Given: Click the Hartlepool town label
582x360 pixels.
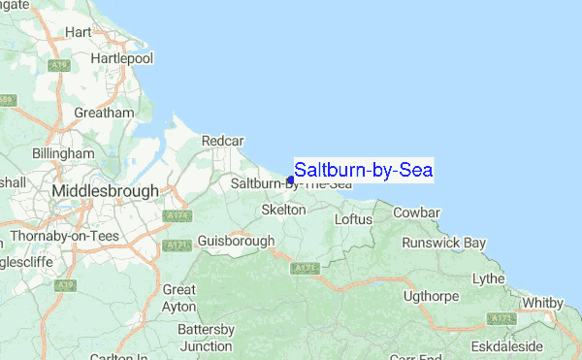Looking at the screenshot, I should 121,59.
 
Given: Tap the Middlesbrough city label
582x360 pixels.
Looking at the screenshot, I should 105,192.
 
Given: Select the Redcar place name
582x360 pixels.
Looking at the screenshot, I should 221,142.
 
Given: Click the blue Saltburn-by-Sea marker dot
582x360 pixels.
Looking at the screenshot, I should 290,180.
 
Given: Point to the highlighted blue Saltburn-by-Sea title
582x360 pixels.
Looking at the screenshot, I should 363,171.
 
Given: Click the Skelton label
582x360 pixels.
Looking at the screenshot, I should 283,210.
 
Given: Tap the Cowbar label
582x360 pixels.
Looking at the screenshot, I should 416,213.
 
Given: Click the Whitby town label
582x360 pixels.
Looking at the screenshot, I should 542,304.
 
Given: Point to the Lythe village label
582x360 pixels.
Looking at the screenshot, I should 488,279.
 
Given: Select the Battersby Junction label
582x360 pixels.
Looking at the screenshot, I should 205,338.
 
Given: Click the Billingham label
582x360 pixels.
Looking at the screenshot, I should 62,154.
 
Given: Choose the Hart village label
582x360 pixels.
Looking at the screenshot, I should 77,32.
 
